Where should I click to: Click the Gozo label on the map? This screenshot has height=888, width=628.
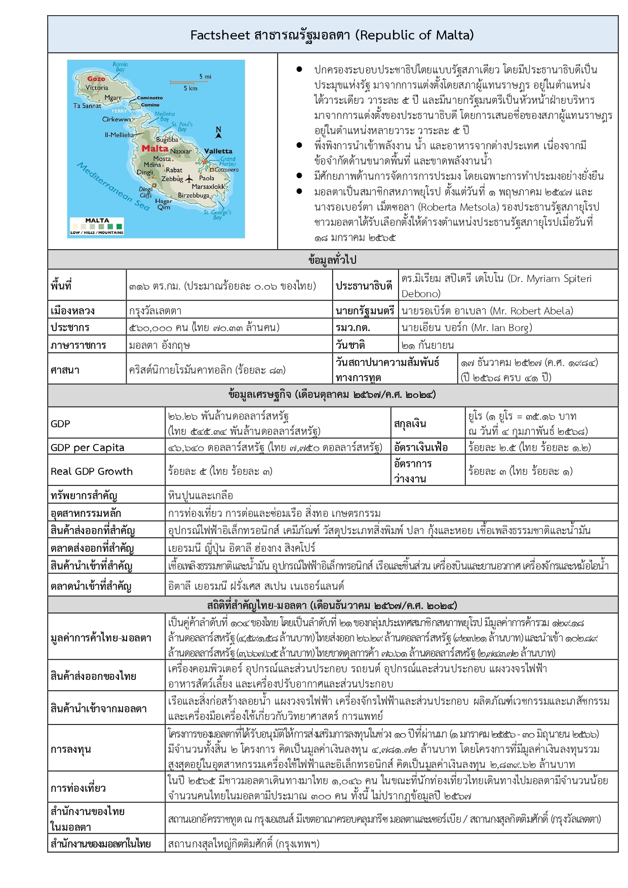coord(96,78)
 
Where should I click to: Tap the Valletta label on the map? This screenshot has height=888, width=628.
coord(218,151)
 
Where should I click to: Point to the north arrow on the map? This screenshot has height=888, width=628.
coord(219,132)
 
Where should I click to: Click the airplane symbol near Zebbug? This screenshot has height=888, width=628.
coord(190,179)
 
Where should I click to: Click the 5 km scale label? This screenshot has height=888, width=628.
coord(190,88)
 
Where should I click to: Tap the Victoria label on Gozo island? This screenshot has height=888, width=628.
coord(97,88)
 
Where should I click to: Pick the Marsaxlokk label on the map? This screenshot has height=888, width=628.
coord(208,186)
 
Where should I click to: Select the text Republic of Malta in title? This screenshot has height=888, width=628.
coord(414,35)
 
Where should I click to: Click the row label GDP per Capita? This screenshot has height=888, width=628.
coord(87,448)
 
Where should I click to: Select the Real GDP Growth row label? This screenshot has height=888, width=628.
coord(92,471)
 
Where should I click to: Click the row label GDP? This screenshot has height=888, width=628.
coord(60,424)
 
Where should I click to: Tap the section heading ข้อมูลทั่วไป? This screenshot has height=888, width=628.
coord(332,260)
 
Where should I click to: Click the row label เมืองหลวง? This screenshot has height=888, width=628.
coord(72,311)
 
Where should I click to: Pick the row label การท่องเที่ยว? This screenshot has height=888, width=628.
coord(78,788)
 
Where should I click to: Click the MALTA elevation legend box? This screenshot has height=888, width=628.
coord(97,226)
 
